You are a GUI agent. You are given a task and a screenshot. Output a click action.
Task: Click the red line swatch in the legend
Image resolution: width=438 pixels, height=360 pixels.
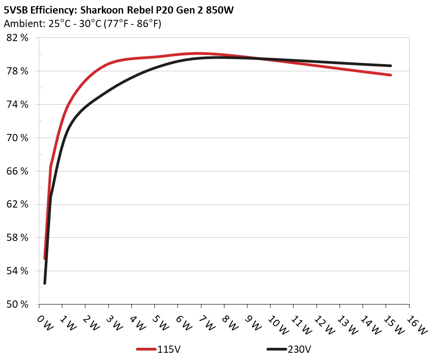coord(146,349)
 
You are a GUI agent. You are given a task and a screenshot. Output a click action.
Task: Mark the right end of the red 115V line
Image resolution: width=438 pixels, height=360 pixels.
coord(390,75)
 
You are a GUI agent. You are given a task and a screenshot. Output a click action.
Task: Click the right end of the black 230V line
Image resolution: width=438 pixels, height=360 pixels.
coord(390,65)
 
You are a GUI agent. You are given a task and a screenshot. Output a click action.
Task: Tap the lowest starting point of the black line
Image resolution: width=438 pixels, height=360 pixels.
coord(45,283)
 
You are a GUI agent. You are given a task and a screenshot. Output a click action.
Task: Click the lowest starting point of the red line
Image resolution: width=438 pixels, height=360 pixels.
coord(44,258)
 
